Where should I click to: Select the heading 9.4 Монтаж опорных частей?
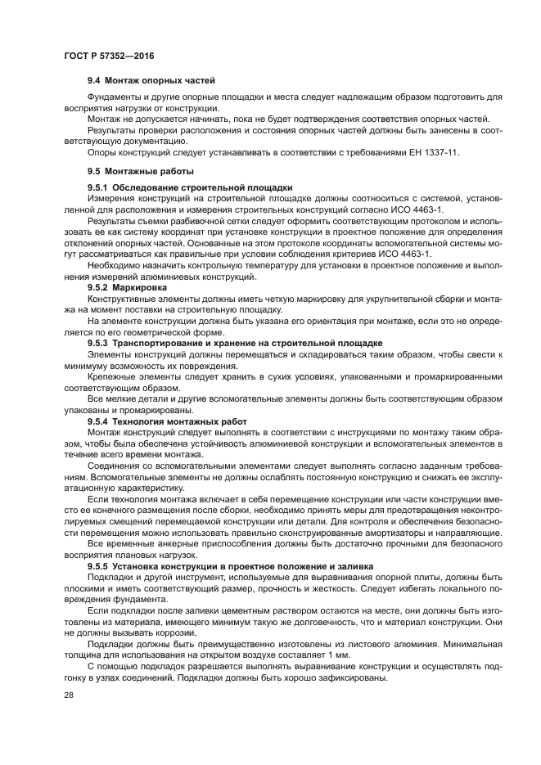click(151, 81)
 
